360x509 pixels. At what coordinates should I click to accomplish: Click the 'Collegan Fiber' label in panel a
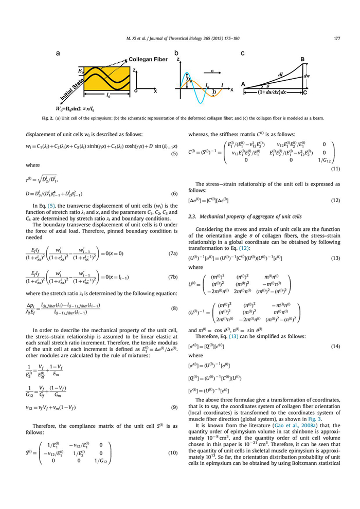148,60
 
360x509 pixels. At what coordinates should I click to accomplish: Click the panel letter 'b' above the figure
176,53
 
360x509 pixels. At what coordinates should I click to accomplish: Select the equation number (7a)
172,254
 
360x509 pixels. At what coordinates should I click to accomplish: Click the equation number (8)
174,308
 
